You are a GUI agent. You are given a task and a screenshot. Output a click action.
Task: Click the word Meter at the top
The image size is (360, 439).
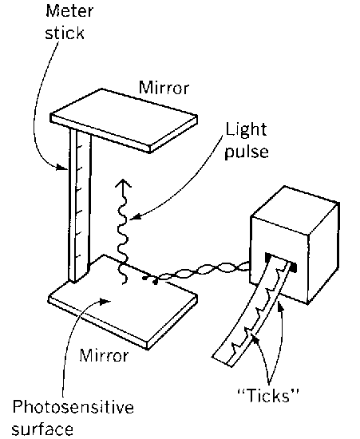69,11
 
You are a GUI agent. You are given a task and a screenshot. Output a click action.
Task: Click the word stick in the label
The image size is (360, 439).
65,33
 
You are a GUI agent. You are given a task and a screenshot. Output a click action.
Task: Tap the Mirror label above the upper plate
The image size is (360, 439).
164,87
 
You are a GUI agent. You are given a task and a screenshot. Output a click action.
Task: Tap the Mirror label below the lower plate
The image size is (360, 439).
104,355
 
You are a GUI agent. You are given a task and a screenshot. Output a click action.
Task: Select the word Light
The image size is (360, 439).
246,130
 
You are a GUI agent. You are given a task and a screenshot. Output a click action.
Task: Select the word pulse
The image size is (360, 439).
247,152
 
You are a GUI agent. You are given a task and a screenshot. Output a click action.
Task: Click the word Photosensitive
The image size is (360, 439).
73,407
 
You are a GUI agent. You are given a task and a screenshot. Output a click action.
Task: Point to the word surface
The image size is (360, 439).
42,429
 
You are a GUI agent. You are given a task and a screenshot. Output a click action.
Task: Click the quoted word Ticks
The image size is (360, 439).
268,395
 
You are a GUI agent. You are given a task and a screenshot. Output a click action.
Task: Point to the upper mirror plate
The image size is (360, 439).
124,121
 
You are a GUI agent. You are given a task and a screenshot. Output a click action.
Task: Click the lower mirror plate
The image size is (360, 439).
124,303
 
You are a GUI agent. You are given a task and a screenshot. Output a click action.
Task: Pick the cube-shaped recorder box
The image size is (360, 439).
295,245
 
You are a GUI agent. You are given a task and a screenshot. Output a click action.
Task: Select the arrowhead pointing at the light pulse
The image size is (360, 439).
135,216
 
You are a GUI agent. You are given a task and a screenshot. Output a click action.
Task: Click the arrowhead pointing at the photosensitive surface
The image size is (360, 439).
105,301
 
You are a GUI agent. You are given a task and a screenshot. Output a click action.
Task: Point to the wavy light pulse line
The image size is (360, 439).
123,232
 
